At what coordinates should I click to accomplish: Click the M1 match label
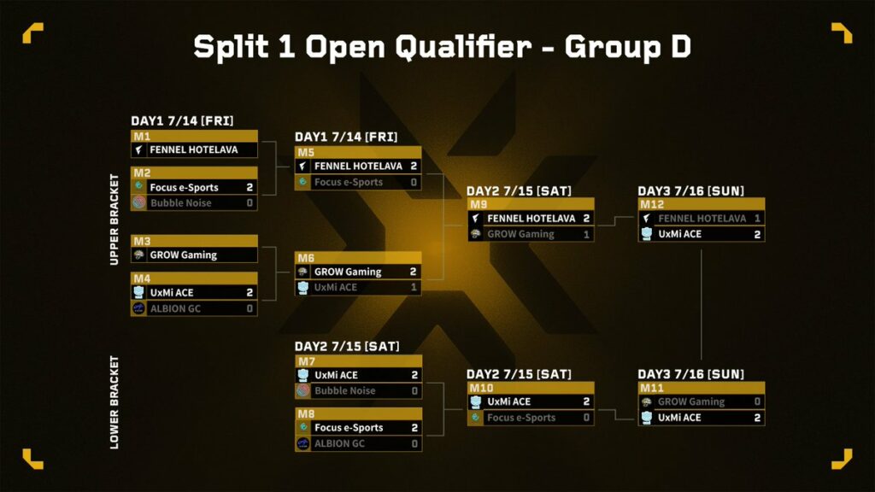click(142, 136)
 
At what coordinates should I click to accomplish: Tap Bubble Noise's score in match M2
click(250, 203)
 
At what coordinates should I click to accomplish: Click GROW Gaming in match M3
click(183, 255)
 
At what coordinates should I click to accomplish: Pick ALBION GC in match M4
click(175, 308)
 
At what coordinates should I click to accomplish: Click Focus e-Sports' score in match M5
click(414, 182)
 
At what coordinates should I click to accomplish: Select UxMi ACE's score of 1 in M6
click(414, 288)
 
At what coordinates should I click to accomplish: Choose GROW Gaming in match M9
click(520, 234)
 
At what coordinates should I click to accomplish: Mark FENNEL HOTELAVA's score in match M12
click(757, 218)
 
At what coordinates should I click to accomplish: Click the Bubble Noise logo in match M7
click(303, 391)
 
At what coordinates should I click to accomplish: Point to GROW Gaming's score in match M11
click(757, 401)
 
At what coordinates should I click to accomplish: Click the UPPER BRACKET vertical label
click(115, 220)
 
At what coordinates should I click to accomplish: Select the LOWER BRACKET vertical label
click(115, 402)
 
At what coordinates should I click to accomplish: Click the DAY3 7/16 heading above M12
click(690, 190)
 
